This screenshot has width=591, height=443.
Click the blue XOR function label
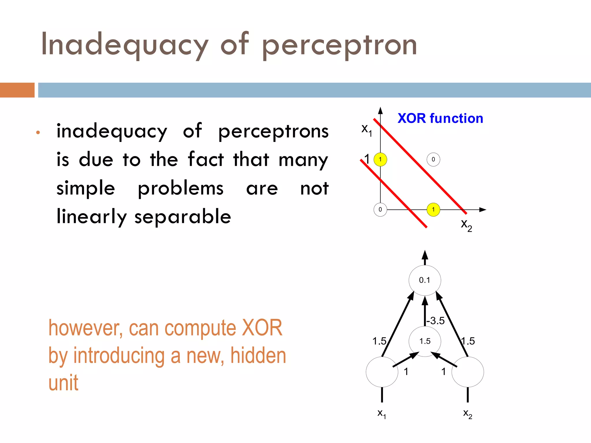coord(440,118)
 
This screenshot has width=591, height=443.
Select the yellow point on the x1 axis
coord(380,159)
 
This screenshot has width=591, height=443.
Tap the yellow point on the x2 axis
coord(433,209)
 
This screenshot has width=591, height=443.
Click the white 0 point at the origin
coord(380,209)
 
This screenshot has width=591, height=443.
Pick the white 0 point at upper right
coord(433,159)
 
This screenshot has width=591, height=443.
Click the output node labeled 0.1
coord(424,280)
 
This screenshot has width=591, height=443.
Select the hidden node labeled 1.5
coord(425,341)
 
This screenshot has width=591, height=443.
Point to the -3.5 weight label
coord(436,321)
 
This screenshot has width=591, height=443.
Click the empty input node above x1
coord(382,372)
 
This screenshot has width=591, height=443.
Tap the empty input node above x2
coord(467,372)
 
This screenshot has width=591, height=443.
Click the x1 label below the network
coord(381,414)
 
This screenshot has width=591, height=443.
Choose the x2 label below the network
coord(467,414)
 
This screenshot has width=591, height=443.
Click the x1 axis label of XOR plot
coord(366,129)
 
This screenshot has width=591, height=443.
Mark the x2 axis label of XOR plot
coord(466,224)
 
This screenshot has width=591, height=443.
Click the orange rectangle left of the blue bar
coord(17,90)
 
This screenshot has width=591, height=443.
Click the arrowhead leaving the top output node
coord(425,256)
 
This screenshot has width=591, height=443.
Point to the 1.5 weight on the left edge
coord(379,341)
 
